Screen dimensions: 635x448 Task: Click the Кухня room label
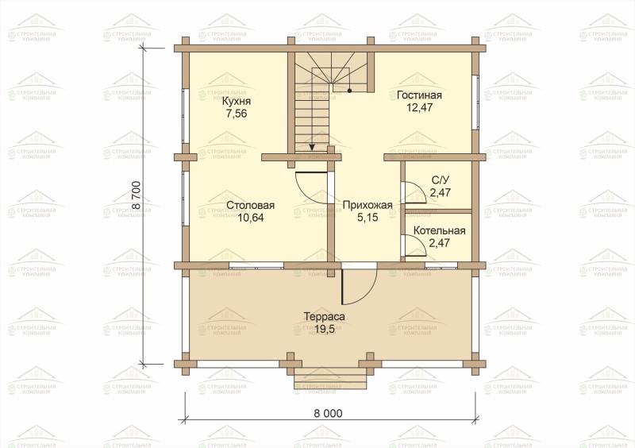point(237,102)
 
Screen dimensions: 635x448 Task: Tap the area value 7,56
point(237,114)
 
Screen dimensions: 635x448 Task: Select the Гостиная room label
point(419,95)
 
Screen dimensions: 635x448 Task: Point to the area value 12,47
point(419,107)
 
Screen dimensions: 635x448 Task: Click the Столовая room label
point(251,205)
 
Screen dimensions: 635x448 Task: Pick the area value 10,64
point(251,218)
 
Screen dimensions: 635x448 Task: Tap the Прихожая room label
point(368,205)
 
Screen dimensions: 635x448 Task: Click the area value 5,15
point(368,218)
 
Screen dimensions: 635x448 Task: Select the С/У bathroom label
point(441,180)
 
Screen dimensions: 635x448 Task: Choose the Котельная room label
point(440,230)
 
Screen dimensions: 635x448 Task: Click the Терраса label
point(325,316)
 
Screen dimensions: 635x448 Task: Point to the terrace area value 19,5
point(325,329)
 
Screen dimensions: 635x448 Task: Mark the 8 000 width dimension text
point(328,413)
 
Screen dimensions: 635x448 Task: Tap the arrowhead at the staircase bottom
point(312,147)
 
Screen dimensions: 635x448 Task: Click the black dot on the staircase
point(349,91)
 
